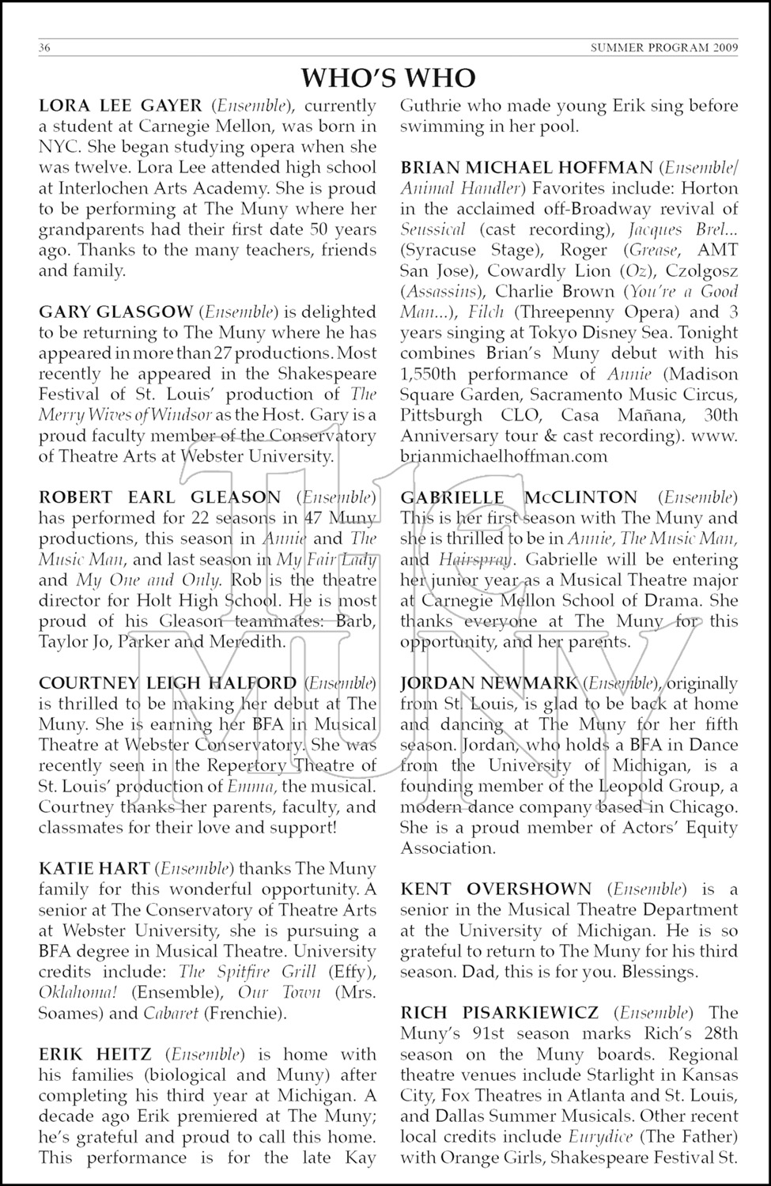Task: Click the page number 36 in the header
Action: (x=45, y=48)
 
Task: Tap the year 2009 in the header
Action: (x=724, y=48)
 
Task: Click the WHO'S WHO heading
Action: (x=388, y=77)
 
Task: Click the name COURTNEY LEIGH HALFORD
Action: (x=168, y=682)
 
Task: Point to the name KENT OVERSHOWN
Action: (x=496, y=889)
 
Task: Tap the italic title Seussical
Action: (x=432, y=229)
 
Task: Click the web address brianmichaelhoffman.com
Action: (x=504, y=456)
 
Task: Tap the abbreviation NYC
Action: (x=59, y=147)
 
